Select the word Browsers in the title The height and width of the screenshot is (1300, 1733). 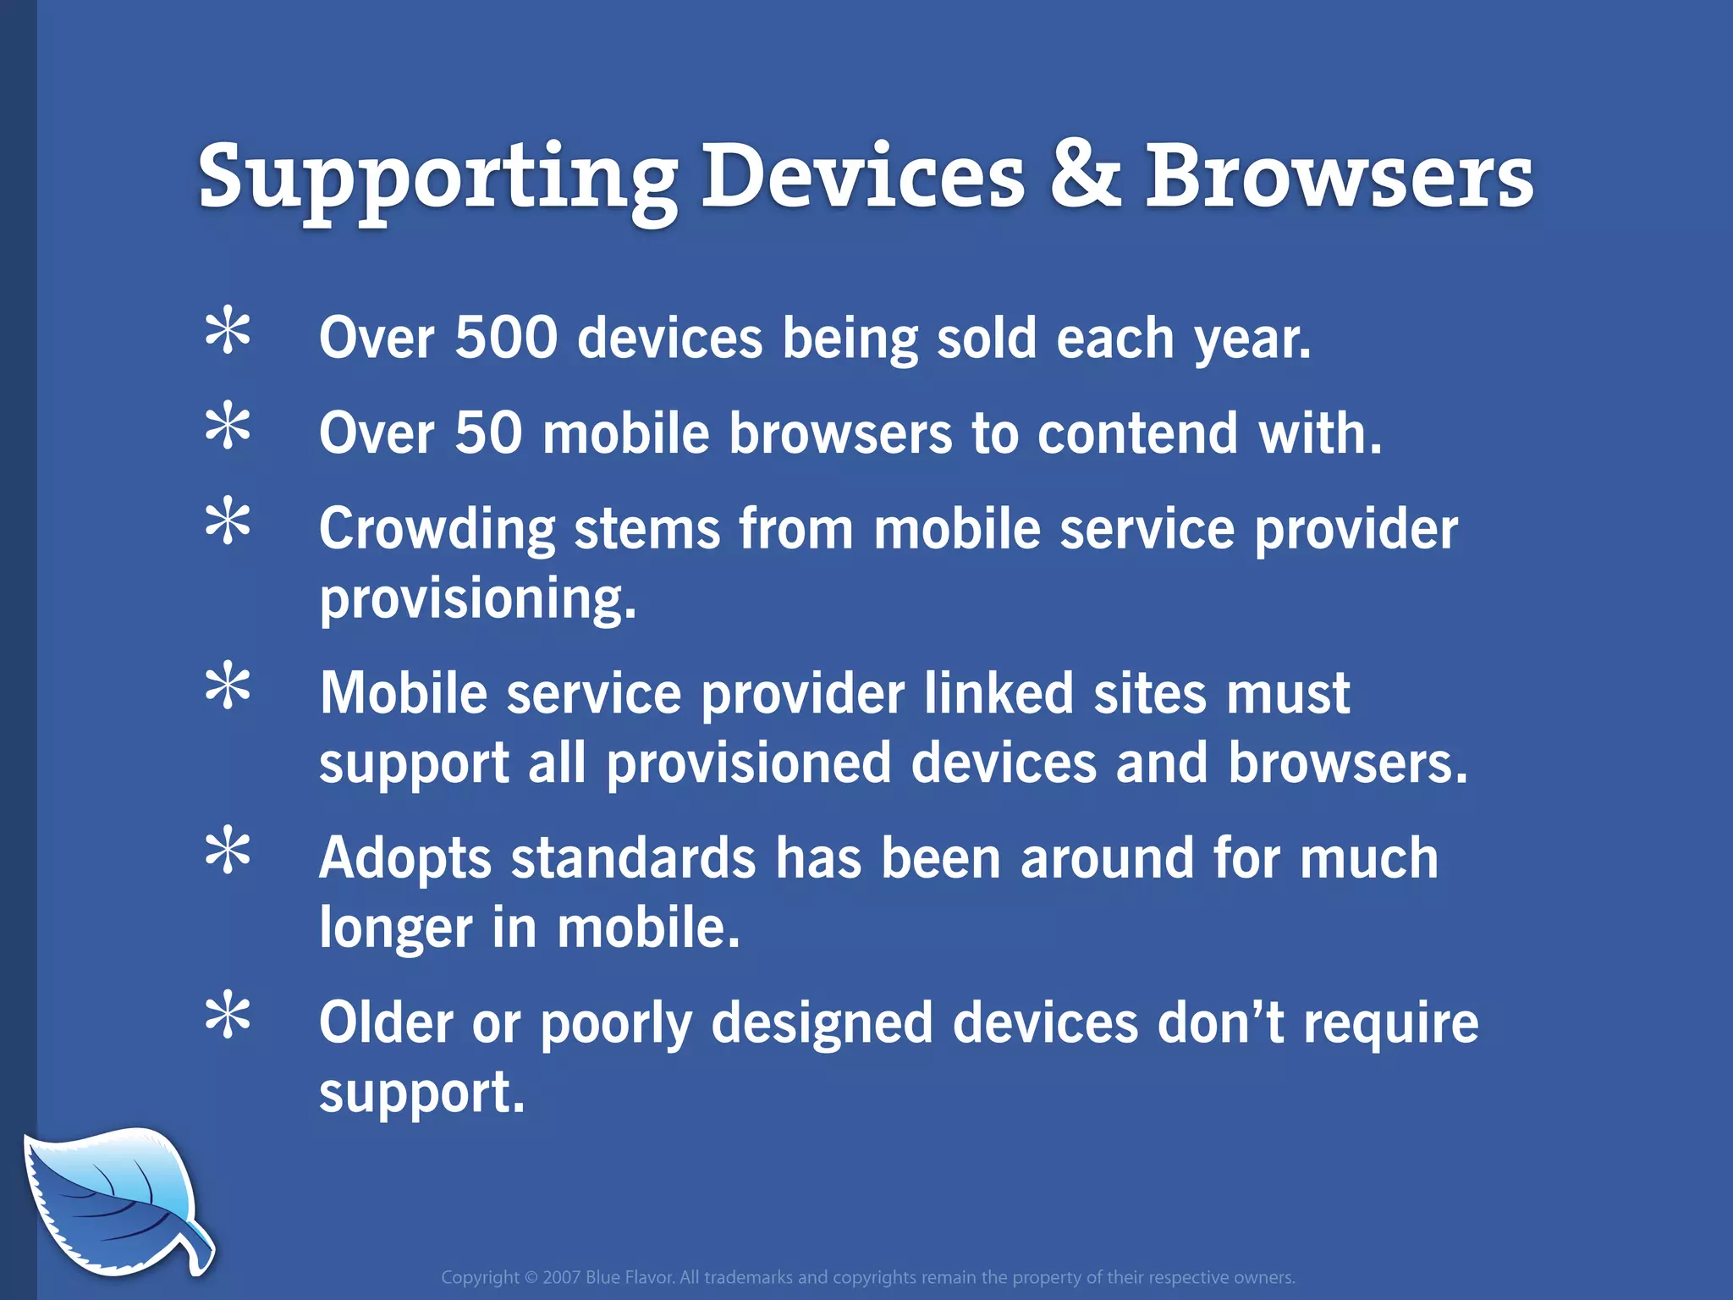1339,176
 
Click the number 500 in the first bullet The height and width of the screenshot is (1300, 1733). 506,338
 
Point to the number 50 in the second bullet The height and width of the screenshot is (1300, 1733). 488,433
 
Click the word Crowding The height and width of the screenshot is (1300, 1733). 437,530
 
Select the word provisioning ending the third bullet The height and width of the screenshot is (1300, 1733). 476,599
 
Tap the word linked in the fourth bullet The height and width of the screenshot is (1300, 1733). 998,694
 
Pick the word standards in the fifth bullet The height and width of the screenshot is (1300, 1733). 633,858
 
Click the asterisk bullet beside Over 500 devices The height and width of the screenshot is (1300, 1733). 228,333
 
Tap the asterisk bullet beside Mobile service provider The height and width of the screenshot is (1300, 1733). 228,688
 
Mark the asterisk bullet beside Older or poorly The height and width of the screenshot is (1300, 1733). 228,1017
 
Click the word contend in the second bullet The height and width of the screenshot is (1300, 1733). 1137,433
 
